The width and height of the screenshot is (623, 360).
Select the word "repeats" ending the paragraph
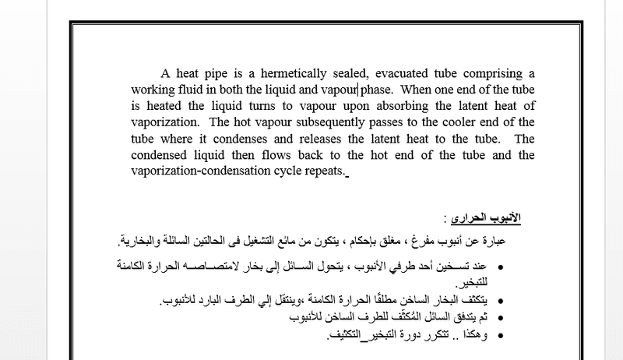pos(326,171)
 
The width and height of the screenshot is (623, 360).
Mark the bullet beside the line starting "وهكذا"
pos(499,336)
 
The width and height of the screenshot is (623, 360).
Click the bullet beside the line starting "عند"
pos(499,266)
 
